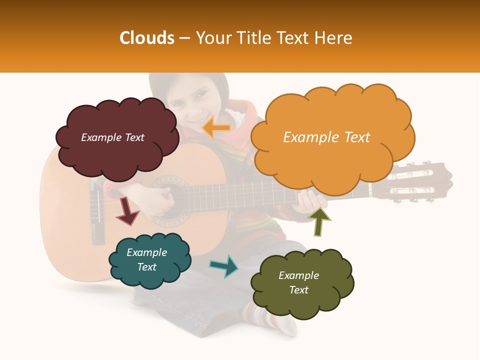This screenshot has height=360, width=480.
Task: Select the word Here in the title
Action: click(x=334, y=38)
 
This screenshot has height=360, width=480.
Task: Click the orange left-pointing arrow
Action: click(x=216, y=128)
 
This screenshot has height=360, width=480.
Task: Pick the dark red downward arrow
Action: click(x=127, y=211)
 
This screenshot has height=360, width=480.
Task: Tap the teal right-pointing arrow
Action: click(x=224, y=266)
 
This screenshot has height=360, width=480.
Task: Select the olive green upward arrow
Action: click(x=318, y=221)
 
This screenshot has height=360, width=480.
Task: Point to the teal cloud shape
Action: click(x=149, y=260)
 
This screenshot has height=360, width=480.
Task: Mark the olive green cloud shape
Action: click(x=301, y=282)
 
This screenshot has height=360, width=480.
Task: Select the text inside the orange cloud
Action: click(x=326, y=137)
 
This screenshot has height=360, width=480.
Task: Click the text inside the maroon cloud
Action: click(x=112, y=137)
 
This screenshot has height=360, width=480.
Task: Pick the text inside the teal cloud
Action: click(x=147, y=260)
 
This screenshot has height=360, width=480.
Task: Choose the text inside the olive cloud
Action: click(x=298, y=283)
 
